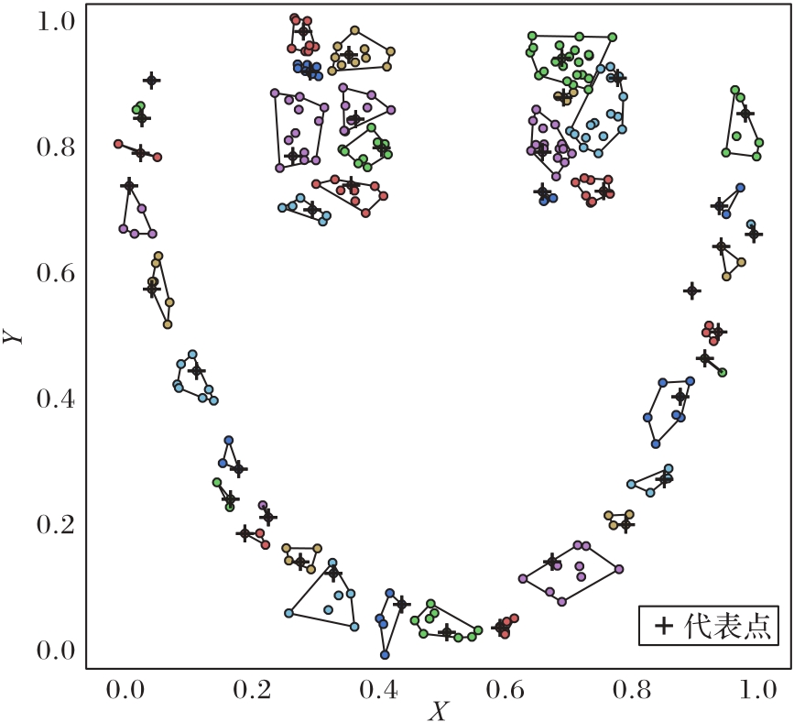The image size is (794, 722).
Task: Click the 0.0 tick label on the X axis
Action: coord(123,690)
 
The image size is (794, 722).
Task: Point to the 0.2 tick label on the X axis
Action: coord(249,690)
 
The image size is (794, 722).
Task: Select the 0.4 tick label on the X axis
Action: coord(376,690)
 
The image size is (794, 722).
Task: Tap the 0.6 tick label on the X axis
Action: coord(503,690)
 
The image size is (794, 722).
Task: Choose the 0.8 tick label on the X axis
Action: coord(630,690)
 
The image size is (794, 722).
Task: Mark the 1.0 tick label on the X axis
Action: coord(756,690)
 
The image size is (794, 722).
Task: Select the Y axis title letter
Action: coord(13,336)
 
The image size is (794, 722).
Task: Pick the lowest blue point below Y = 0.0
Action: coord(386,655)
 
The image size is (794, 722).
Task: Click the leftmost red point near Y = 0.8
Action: coord(118,144)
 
